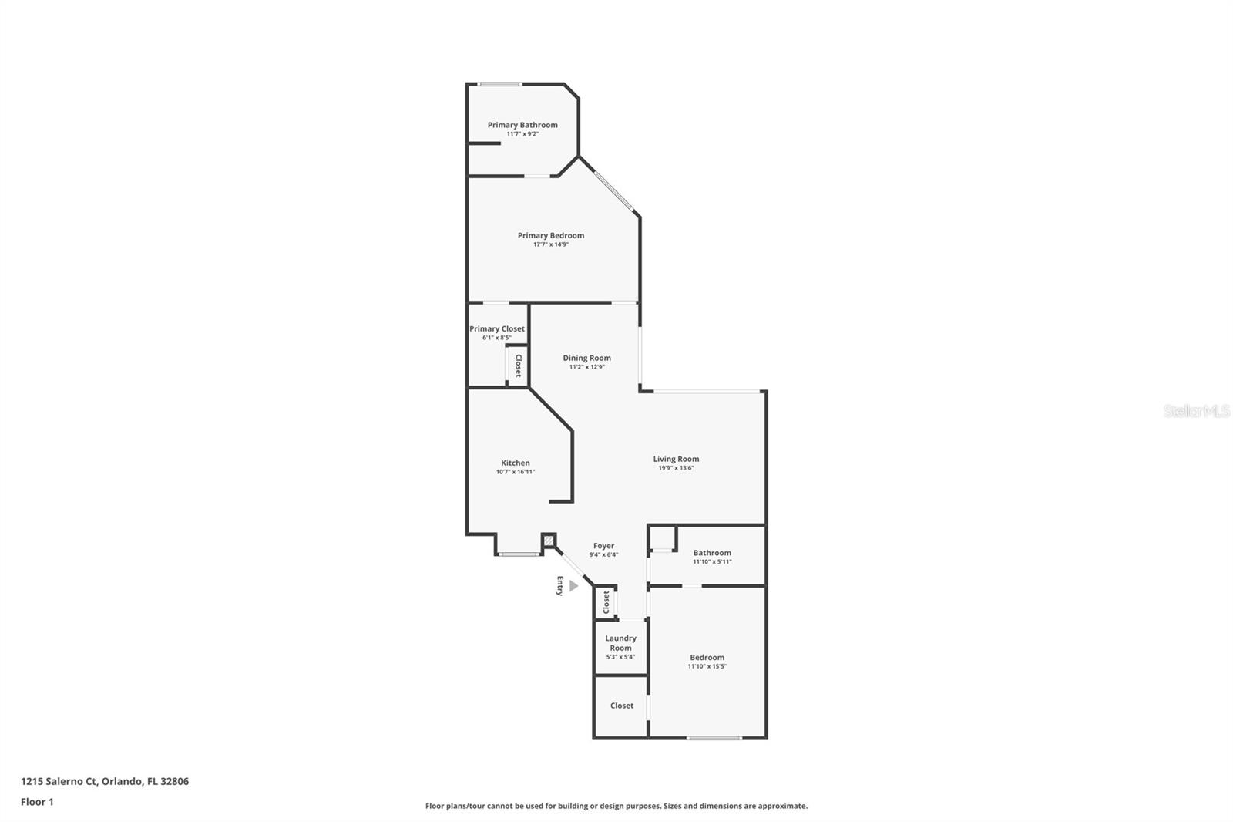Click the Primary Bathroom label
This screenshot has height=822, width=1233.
point(522,125)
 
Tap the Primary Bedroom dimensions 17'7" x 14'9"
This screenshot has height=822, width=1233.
point(551,244)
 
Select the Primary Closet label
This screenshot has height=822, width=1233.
point(497,328)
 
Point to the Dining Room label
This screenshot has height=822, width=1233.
point(586,358)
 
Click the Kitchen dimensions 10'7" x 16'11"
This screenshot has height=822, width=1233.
point(516,472)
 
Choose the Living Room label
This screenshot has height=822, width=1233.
point(676,459)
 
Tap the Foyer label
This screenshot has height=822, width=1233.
point(603,546)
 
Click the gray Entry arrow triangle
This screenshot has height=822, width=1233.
point(573,586)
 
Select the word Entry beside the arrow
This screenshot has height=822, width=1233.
point(560,586)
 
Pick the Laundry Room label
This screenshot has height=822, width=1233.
point(620,643)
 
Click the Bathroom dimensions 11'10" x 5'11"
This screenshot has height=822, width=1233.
point(712,561)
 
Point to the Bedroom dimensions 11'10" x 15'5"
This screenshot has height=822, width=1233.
point(707,666)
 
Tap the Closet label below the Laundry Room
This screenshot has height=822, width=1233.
point(622,706)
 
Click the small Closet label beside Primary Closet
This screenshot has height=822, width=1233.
point(519,365)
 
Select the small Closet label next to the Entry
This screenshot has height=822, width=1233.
point(606,601)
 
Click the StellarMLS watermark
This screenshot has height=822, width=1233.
point(1197,411)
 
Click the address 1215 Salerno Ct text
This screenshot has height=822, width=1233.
point(105,781)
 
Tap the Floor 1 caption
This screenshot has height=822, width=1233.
point(37,802)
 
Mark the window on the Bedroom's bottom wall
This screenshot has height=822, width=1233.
point(714,738)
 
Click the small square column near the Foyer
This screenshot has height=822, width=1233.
point(549,541)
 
